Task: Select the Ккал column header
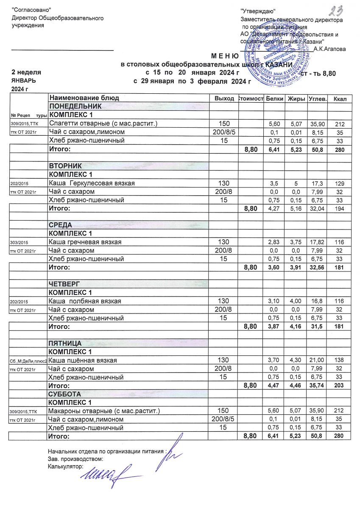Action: click(340, 99)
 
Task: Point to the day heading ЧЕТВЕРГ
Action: click(64, 284)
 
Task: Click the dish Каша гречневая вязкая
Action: click(85, 242)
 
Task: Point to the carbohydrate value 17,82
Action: click(317, 242)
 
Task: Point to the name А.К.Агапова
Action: click(329, 49)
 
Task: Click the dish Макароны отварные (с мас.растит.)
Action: click(104, 411)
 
